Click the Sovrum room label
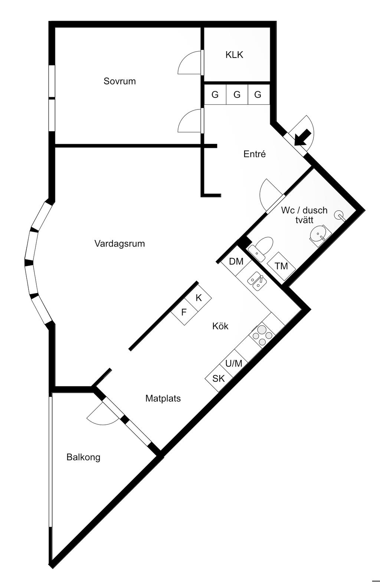[x=119, y=81]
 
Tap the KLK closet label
[x=234, y=55]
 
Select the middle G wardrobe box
[x=237, y=95]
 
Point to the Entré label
[x=255, y=154]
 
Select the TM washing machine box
[x=282, y=266]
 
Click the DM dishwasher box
[x=236, y=262]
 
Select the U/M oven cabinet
[x=234, y=364]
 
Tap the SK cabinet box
[x=219, y=379]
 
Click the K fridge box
[x=199, y=297]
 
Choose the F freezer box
[x=184, y=312]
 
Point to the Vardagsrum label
[x=119, y=244]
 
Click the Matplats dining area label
[x=163, y=398]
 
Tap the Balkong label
[x=83, y=457]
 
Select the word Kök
[x=220, y=326]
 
